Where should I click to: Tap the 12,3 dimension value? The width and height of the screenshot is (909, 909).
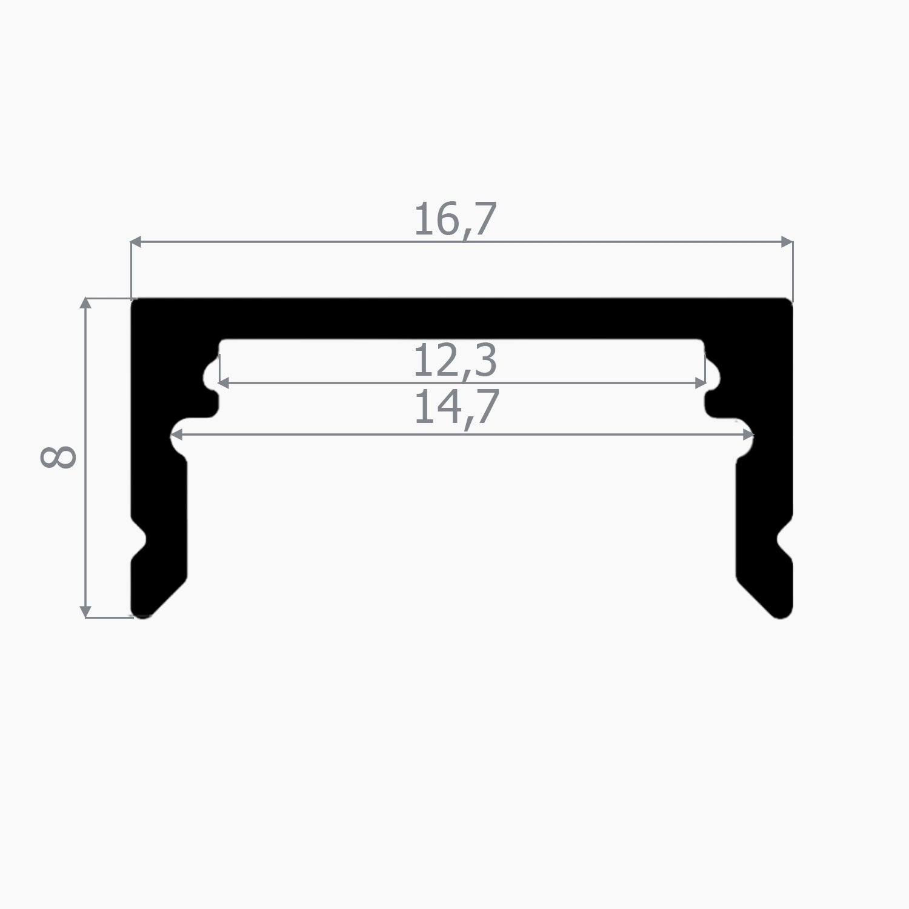455,361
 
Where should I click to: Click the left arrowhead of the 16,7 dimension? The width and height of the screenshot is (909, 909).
136,242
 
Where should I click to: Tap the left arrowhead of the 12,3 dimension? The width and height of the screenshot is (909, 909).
224,383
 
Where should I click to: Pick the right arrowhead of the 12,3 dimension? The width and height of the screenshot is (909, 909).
700,383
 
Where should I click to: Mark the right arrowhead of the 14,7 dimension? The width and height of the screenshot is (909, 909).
747,435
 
